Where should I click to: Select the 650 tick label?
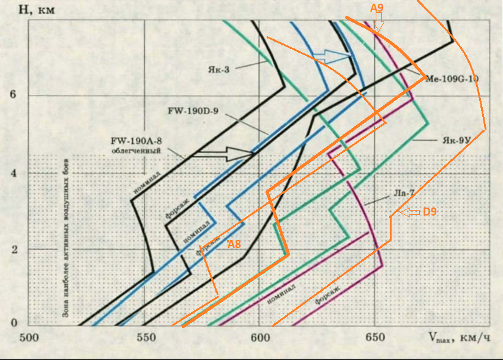point(373,337)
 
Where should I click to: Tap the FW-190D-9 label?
point(192,111)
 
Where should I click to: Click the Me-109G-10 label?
point(452,78)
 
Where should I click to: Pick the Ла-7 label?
point(403,193)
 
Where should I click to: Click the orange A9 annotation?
point(377,9)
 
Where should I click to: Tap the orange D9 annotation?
point(430,212)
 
